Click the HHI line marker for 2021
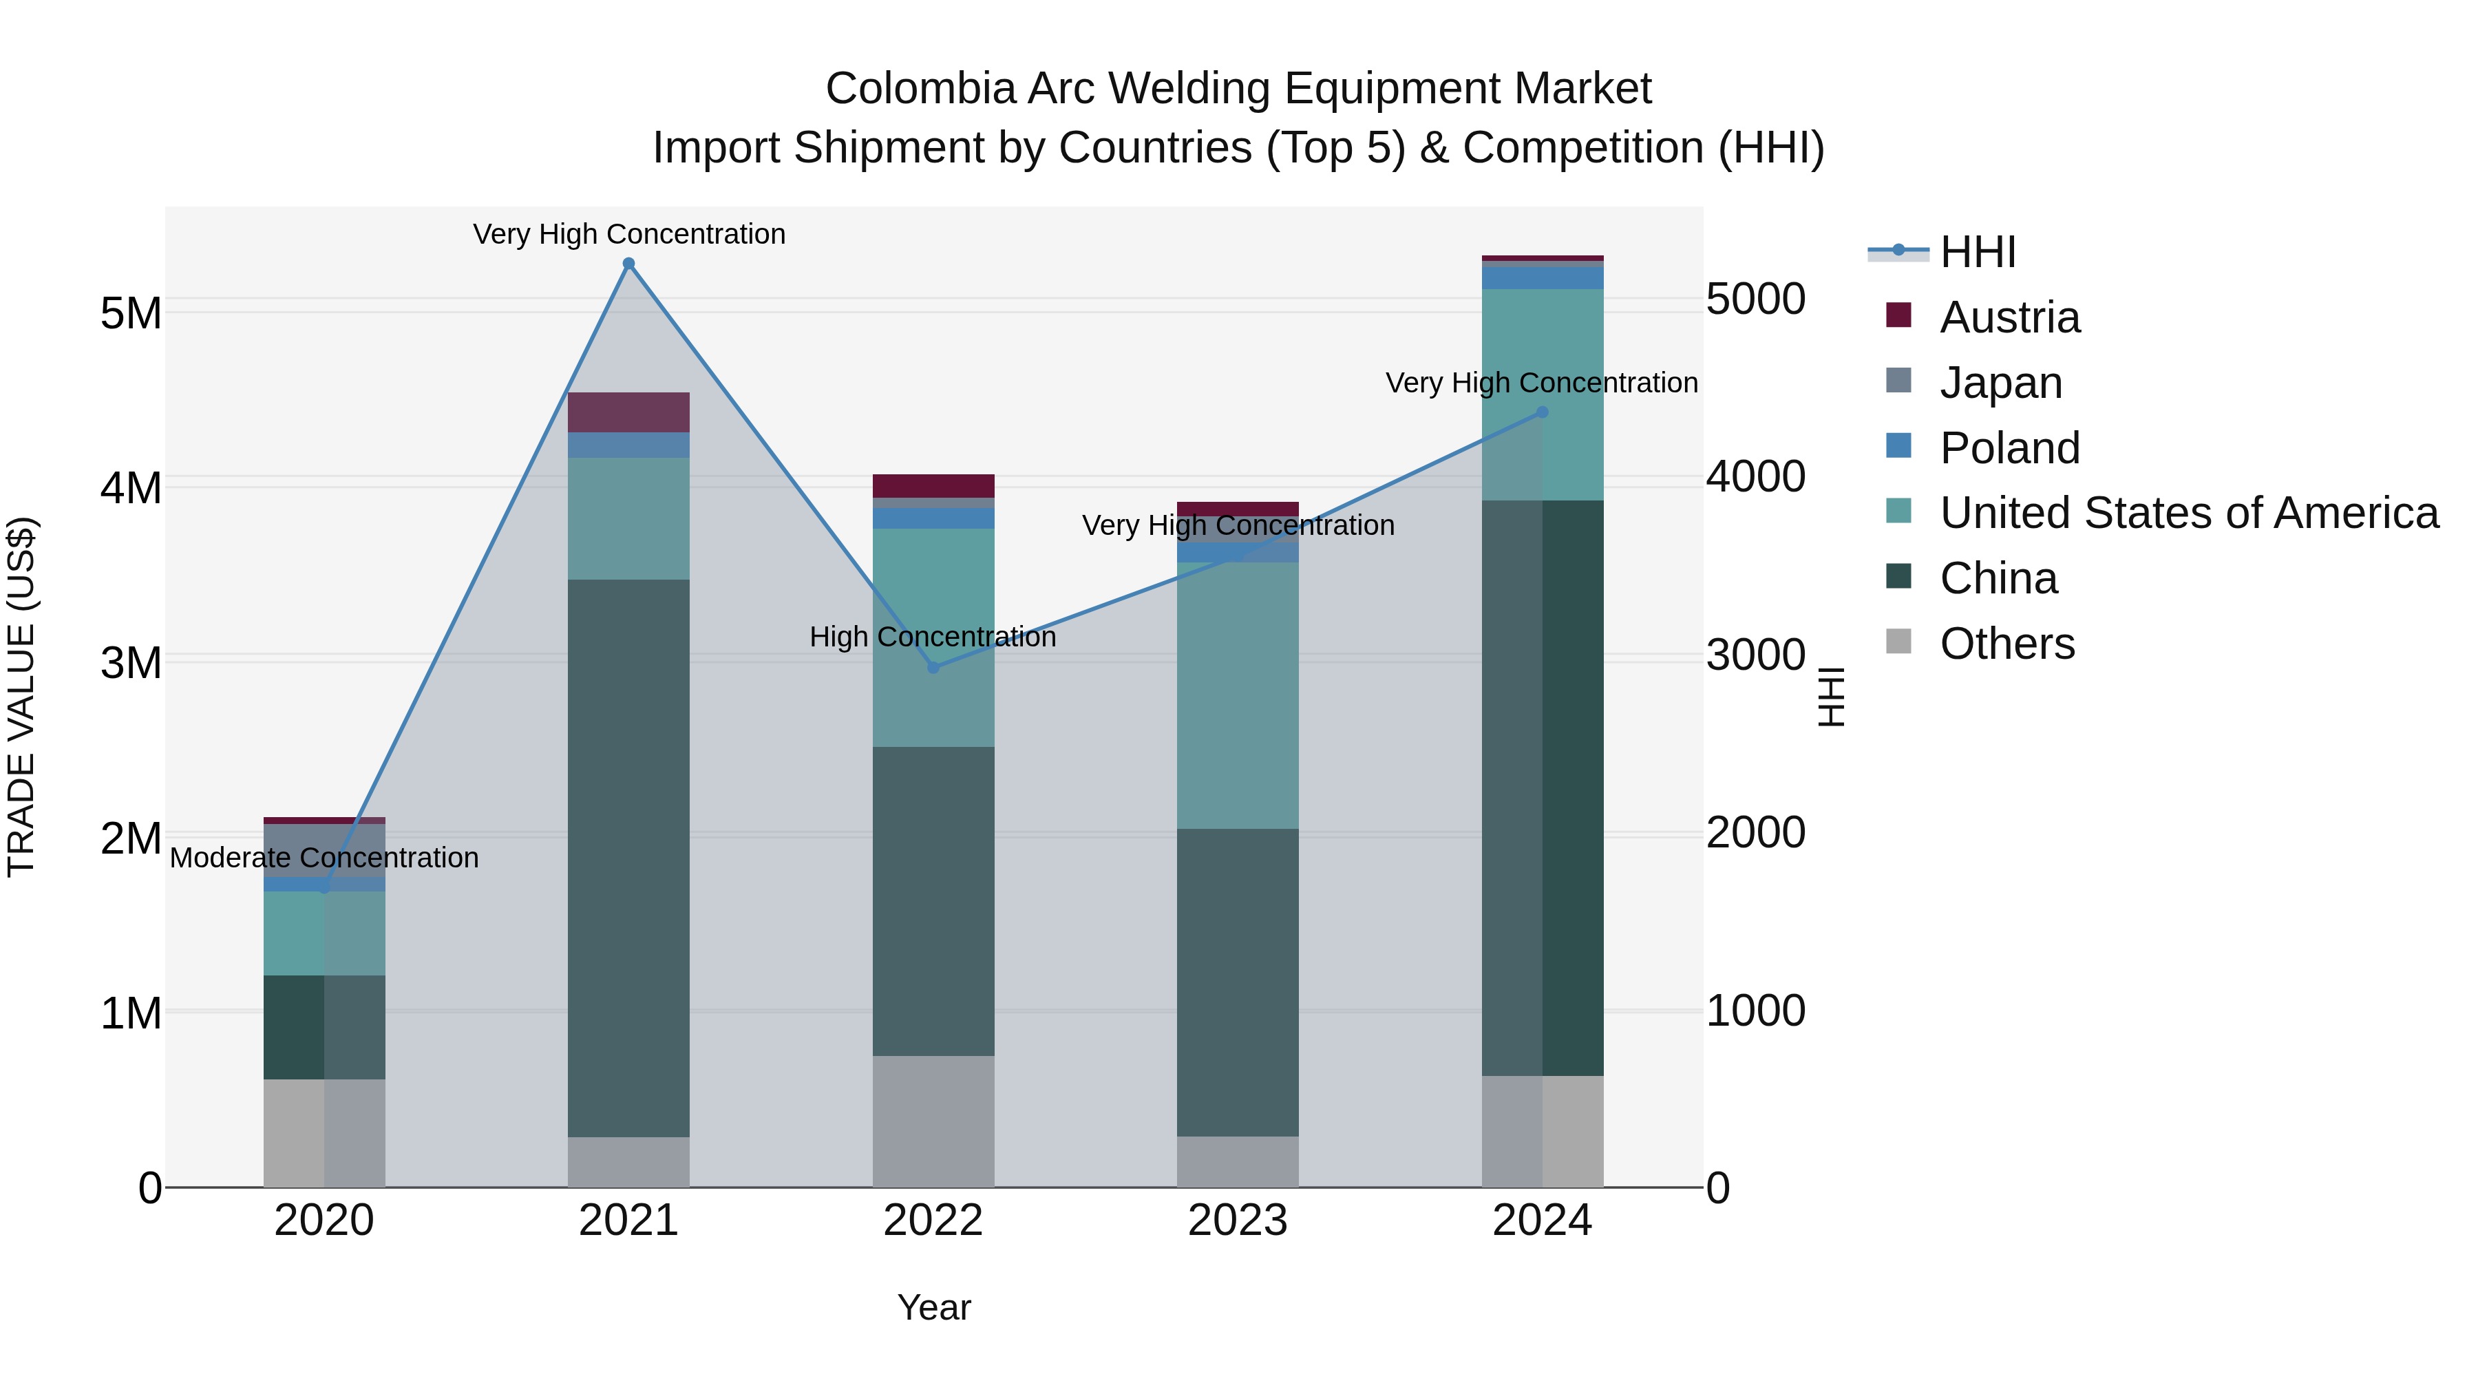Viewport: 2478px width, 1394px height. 628,264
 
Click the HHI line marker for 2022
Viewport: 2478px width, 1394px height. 933,668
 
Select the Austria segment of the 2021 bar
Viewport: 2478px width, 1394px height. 628,413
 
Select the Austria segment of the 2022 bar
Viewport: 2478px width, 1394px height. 933,486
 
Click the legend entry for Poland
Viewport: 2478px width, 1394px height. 2009,448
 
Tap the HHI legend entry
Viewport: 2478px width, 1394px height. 1977,252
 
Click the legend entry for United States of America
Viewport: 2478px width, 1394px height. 2188,514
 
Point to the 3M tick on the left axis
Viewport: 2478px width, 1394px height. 131,663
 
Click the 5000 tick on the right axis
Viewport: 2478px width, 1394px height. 1755,299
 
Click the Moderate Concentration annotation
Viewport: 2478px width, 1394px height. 324,858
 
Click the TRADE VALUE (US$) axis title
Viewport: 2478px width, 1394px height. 21,697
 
